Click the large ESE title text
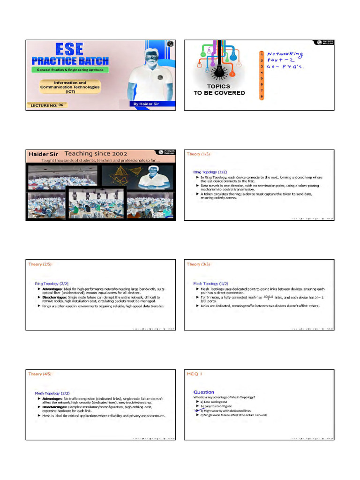(x=70, y=49)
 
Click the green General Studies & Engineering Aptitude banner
(x=69, y=69)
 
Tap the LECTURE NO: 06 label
(x=47, y=105)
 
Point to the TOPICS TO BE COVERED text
(x=219, y=90)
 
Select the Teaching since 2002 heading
(x=96, y=153)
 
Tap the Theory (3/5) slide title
(x=197, y=264)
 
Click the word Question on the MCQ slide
(x=204, y=392)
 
